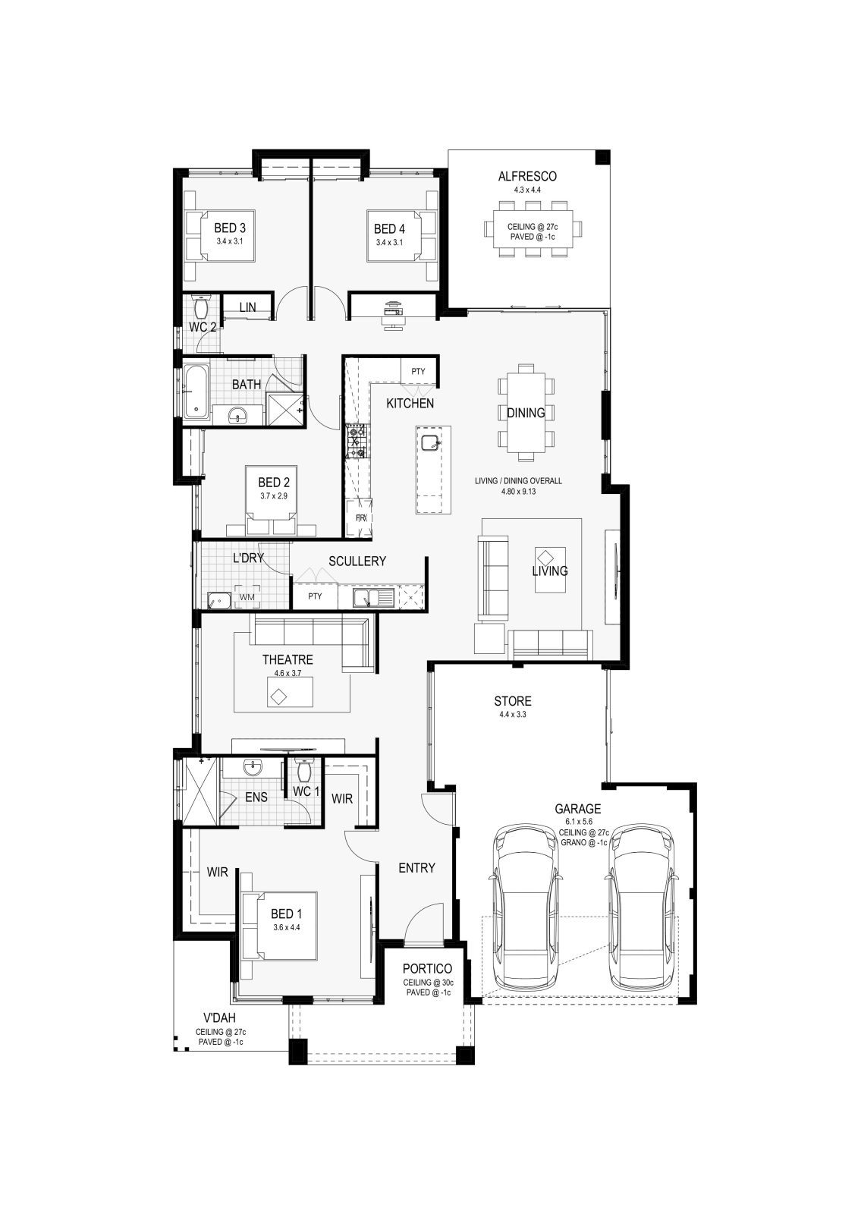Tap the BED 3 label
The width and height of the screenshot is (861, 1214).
230,228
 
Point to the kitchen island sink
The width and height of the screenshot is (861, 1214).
432,442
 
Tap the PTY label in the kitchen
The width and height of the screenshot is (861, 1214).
418,371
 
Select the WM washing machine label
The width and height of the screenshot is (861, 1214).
247,597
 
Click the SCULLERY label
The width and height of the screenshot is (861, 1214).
357,561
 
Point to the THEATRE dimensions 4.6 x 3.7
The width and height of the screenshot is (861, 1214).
288,673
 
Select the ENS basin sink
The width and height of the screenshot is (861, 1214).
253,767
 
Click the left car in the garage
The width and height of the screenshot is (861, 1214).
524,908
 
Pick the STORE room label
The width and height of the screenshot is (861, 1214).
513,701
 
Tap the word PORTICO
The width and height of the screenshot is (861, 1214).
427,968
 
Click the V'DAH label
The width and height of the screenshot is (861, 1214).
219,1017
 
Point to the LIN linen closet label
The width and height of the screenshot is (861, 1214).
247,307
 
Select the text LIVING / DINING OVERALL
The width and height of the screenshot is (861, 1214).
519,481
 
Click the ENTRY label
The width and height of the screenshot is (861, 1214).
416,868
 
